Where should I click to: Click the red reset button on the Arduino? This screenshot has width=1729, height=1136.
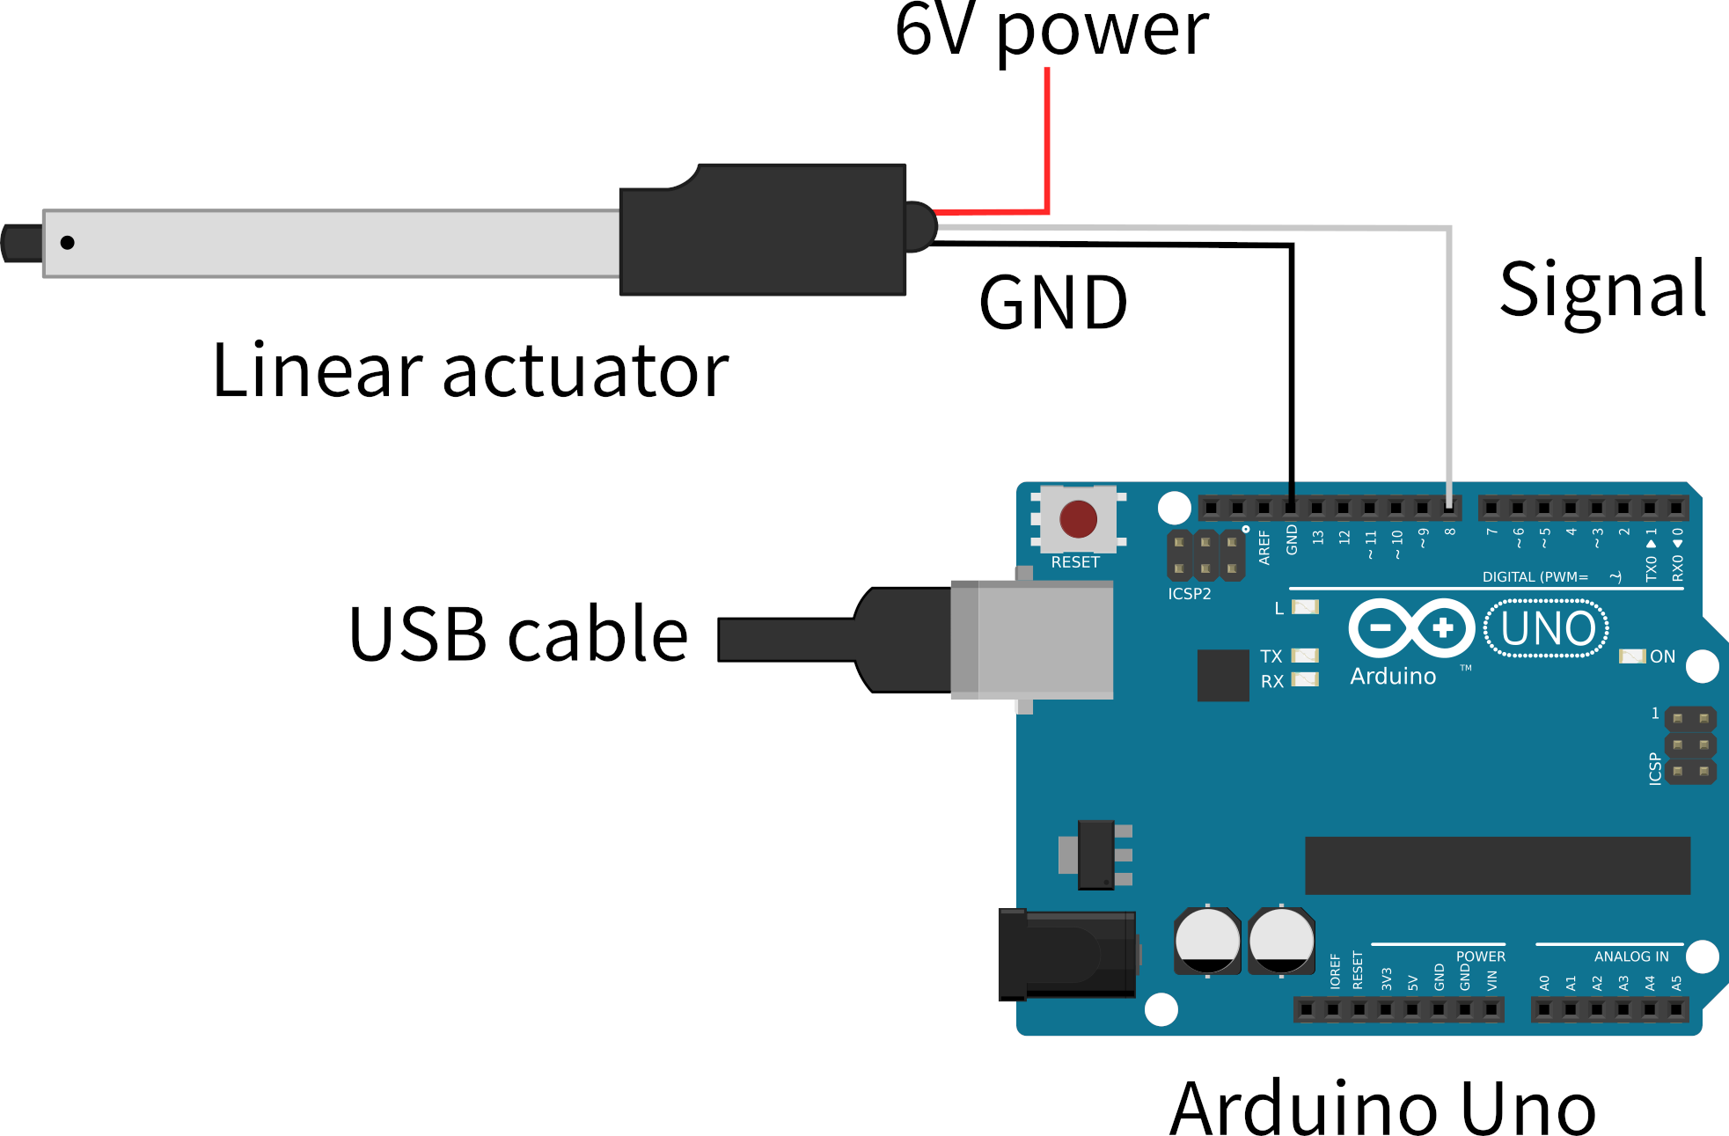click(x=1078, y=519)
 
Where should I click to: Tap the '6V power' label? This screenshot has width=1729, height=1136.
click(x=1051, y=31)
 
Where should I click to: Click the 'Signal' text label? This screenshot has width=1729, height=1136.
click(x=1602, y=290)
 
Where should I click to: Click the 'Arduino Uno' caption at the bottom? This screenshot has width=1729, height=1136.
click(x=1382, y=1109)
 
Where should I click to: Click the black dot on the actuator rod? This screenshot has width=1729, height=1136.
click(x=68, y=243)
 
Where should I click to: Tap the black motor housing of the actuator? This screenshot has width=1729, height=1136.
click(x=763, y=231)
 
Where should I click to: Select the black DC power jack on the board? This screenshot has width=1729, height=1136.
click(x=1066, y=955)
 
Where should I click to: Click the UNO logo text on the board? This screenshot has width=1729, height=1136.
click(x=1547, y=629)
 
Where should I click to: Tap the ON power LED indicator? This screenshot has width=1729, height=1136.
click(x=1631, y=656)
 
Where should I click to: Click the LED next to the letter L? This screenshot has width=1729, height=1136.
click(x=1305, y=607)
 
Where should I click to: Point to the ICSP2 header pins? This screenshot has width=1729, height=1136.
click(x=1205, y=555)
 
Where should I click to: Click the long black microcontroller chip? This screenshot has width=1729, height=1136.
click(x=1497, y=866)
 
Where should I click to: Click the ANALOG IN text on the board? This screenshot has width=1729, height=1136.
click(x=1630, y=956)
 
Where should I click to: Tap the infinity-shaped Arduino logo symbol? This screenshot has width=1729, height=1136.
click(x=1411, y=628)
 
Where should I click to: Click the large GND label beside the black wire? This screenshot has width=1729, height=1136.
click(x=1053, y=304)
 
